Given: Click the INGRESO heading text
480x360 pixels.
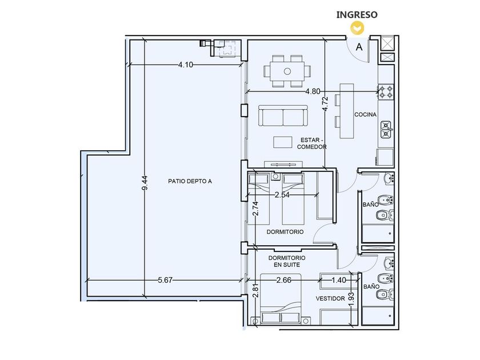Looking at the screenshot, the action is point(357,15).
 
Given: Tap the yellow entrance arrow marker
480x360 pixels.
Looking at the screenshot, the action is point(357,28).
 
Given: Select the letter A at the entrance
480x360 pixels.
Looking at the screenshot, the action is point(359,47).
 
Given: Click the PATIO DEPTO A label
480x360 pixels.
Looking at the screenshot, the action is point(190,181).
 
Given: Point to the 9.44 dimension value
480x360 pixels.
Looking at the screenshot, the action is point(145,182).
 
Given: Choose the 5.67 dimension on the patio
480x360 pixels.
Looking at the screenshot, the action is point(165,280).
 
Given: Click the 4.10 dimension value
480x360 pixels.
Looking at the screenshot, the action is point(186,65).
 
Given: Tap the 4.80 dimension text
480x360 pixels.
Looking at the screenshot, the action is point(313,91).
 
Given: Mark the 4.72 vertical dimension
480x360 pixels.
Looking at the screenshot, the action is point(325,104).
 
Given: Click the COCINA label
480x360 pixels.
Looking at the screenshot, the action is point(366,114).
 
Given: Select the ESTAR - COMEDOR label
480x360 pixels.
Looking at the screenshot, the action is point(311,143).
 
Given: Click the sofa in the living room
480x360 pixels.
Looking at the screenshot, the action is point(283,115).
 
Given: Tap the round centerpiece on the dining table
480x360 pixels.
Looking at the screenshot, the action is point(287,71).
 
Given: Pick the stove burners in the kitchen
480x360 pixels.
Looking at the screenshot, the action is point(386,92).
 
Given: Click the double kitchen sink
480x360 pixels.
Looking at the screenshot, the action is point(386,130).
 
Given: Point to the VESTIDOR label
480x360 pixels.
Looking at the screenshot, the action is point(330,298).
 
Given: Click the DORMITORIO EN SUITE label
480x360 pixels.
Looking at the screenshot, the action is point(287,262).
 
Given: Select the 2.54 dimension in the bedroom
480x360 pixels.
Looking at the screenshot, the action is point(282,195).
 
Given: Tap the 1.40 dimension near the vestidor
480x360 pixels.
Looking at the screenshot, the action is point(339,280).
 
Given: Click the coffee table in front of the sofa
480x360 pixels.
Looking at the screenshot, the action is point(283,142).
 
